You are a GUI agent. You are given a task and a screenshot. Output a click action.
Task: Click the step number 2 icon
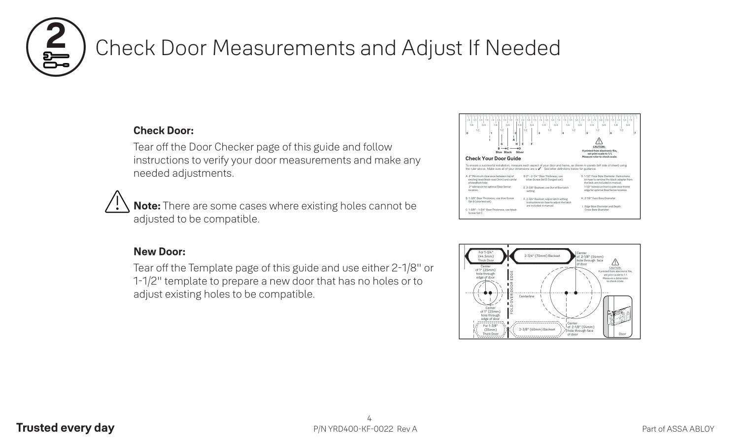pos(55,47)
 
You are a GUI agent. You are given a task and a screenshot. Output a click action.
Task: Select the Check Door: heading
pos(164,131)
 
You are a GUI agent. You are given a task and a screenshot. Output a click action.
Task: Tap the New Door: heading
pos(160,252)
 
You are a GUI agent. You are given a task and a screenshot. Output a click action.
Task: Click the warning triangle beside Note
pos(117,201)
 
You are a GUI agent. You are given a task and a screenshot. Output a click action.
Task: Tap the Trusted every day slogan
pos(65,428)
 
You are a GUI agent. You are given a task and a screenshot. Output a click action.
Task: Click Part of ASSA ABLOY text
pos(678,429)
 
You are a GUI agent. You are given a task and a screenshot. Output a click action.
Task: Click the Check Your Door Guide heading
pos(493,158)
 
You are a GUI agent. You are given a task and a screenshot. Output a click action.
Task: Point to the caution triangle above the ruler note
pos(600,141)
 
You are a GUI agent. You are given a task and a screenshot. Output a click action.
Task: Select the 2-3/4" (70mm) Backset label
pos(542,256)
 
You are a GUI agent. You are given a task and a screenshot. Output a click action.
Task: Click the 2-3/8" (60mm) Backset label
pos(537,329)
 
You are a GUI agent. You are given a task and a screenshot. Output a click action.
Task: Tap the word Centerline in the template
pos(527,296)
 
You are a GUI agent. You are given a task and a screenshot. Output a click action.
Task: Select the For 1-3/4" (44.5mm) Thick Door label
pos(486,256)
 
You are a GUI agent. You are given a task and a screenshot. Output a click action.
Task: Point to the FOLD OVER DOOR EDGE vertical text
pos(512,292)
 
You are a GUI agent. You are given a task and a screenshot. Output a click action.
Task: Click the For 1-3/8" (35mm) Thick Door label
pos(490,330)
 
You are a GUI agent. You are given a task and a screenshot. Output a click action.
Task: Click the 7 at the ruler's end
pos(635,133)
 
